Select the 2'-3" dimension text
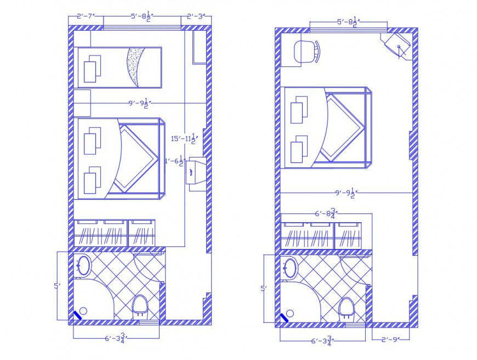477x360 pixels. [196, 17]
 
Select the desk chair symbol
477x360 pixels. [306, 52]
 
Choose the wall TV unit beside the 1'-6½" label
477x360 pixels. [196, 173]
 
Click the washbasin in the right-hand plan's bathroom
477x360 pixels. [290, 268]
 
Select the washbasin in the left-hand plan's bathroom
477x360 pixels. [84, 265]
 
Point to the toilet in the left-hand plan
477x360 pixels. [140, 305]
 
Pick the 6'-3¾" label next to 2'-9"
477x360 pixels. [323, 341]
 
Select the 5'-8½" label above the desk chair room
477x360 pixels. [348, 22]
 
